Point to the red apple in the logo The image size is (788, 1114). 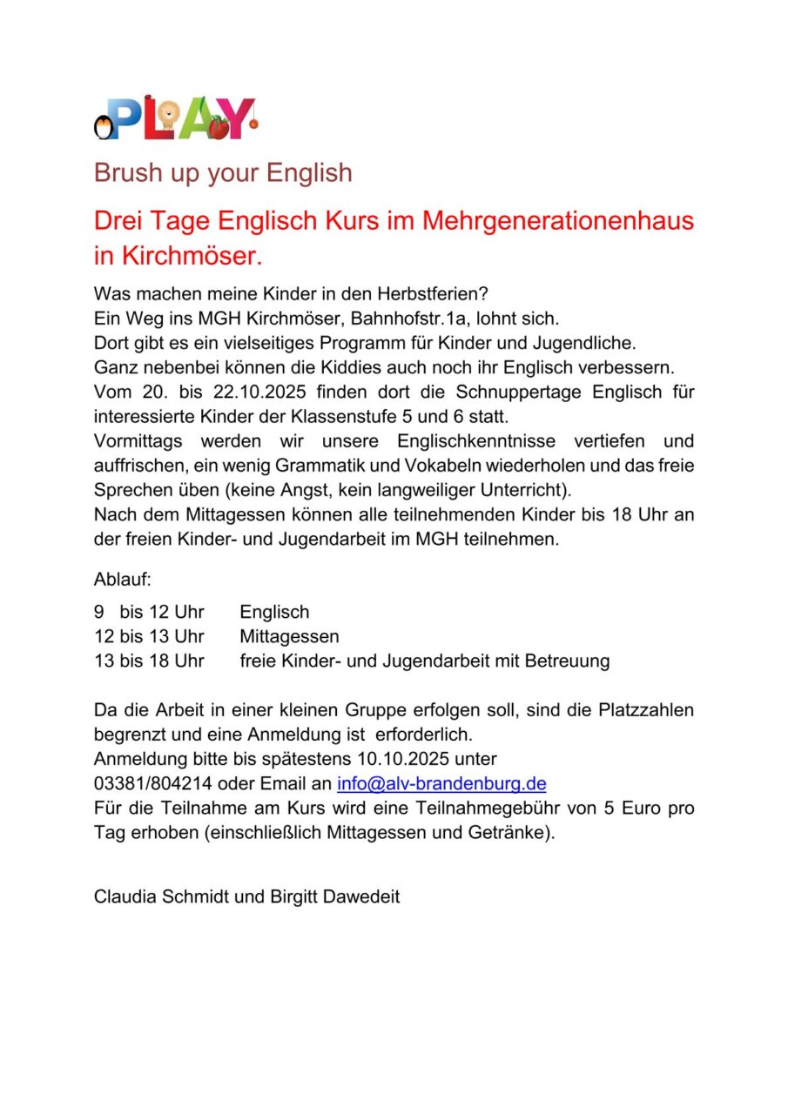point(219,127)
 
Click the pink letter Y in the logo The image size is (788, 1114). point(239,116)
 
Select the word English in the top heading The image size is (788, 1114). point(309,172)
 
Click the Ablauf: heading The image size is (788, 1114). point(123,578)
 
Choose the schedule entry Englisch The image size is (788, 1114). point(274,613)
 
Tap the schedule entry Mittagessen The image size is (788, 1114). point(289,636)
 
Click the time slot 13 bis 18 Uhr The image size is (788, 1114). point(149,661)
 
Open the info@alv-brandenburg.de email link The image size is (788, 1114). point(441,783)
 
